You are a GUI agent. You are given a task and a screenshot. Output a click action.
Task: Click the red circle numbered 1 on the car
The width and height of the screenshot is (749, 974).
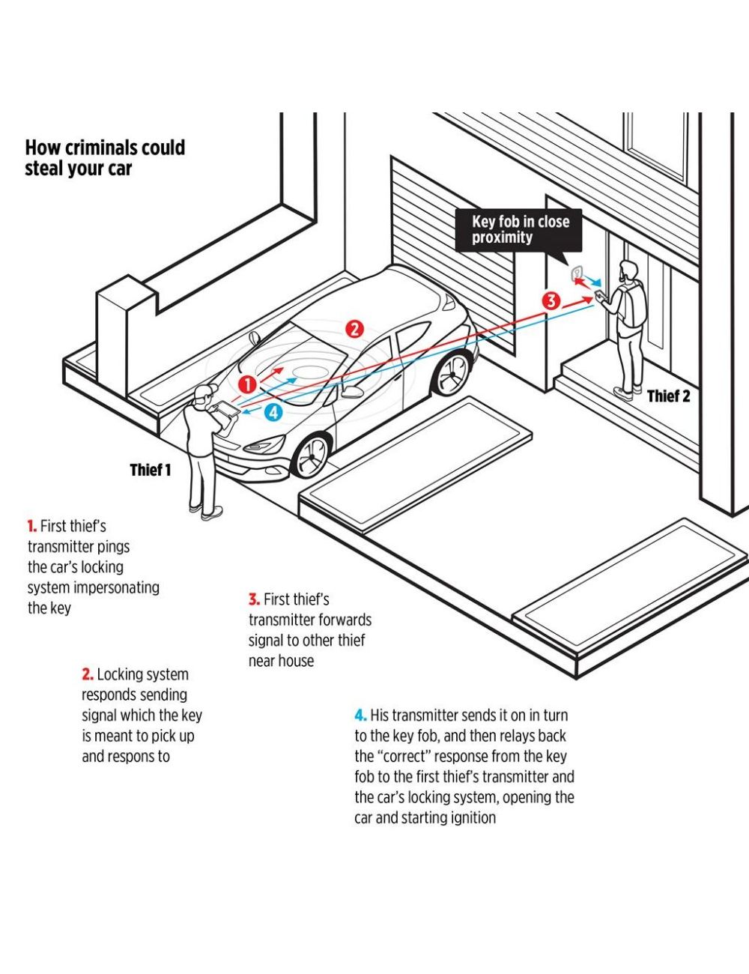click(x=248, y=384)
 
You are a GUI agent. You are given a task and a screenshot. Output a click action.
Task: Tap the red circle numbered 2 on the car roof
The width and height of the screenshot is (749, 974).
click(x=354, y=328)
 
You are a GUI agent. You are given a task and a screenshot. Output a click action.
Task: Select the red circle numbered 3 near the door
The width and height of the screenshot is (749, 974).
click(x=551, y=301)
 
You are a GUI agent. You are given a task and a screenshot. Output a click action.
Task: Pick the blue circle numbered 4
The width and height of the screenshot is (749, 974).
click(x=273, y=411)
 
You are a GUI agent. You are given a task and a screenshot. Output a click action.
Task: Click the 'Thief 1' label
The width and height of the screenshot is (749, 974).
click(x=150, y=470)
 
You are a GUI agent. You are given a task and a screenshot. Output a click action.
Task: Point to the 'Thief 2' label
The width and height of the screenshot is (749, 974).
click(x=668, y=396)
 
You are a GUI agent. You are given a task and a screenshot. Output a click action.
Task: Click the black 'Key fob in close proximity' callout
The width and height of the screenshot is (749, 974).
click(x=520, y=230)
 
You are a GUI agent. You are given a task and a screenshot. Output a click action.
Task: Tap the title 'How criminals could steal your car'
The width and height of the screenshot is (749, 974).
click(x=105, y=157)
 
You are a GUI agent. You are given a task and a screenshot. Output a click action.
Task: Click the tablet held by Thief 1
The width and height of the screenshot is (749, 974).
click(x=228, y=411)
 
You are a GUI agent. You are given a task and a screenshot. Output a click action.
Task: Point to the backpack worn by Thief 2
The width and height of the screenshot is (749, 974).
click(x=632, y=306)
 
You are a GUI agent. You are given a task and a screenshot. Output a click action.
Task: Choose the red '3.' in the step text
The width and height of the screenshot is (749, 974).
click(x=254, y=599)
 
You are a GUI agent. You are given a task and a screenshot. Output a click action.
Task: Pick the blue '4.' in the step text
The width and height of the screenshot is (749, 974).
click(x=360, y=716)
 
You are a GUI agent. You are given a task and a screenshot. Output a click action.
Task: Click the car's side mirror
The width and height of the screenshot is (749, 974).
click(x=350, y=391)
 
